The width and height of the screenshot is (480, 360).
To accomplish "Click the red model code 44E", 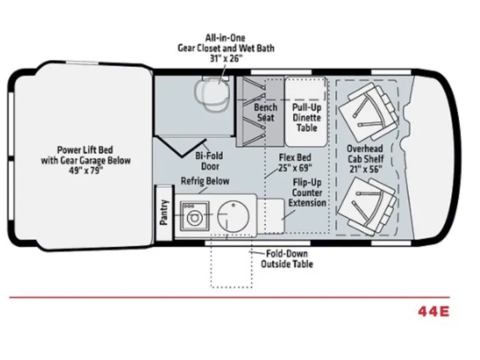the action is pyautogui.click(x=434, y=312).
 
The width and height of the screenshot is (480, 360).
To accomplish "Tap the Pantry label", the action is pyautogui.click(x=164, y=212).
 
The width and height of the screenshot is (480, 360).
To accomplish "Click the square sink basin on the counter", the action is pyautogui.click(x=195, y=216).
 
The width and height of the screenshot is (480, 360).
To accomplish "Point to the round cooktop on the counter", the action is pyautogui.click(x=233, y=216).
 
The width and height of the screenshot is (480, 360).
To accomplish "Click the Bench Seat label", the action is pyautogui.click(x=266, y=112).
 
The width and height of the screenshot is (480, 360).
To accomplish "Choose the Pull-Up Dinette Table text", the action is pyautogui.click(x=307, y=117).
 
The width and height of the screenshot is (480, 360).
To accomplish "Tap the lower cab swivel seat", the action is pyautogui.click(x=367, y=206).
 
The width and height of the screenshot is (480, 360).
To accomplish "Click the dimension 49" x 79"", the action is pyautogui.click(x=86, y=171).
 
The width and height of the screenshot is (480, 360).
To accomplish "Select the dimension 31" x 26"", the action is pyautogui.click(x=226, y=58).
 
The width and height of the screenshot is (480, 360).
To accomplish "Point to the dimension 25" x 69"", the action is pyautogui.click(x=295, y=167).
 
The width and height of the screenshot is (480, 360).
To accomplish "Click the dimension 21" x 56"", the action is pyautogui.click(x=366, y=169).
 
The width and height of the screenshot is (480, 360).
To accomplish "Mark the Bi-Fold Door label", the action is pyautogui.click(x=210, y=161).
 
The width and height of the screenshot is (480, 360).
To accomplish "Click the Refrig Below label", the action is pyautogui.click(x=205, y=181).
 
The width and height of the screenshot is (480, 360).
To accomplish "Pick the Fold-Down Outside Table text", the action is pyautogui.click(x=287, y=259).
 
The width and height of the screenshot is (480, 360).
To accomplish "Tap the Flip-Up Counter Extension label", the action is pyautogui.click(x=307, y=192).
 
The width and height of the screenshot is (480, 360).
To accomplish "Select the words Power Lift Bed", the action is pyautogui.click(x=85, y=150).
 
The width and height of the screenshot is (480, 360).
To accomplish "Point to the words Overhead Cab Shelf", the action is pyautogui.click(x=365, y=154).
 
